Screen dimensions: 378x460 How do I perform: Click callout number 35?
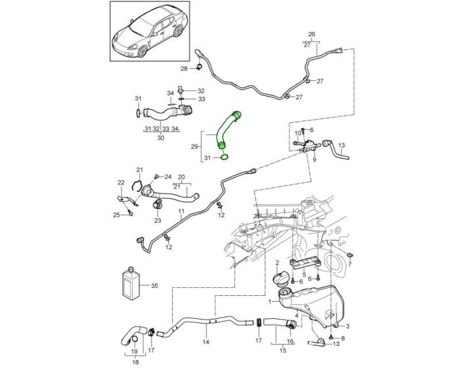(x=155, y=286)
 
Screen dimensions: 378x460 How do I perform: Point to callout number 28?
(x=184, y=68)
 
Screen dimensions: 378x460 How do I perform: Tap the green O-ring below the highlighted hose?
(x=225, y=157)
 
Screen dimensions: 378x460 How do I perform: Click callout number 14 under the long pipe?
(x=206, y=342)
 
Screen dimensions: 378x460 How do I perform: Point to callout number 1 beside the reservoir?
(x=269, y=303)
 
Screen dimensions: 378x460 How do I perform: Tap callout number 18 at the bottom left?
(x=135, y=362)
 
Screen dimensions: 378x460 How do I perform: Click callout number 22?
(x=120, y=182)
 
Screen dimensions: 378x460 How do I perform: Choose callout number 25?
(x=116, y=214)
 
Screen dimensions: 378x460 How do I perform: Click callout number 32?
(x=201, y=91)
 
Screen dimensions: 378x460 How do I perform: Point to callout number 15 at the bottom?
(x=283, y=360)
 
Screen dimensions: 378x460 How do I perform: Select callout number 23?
(x=158, y=221)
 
